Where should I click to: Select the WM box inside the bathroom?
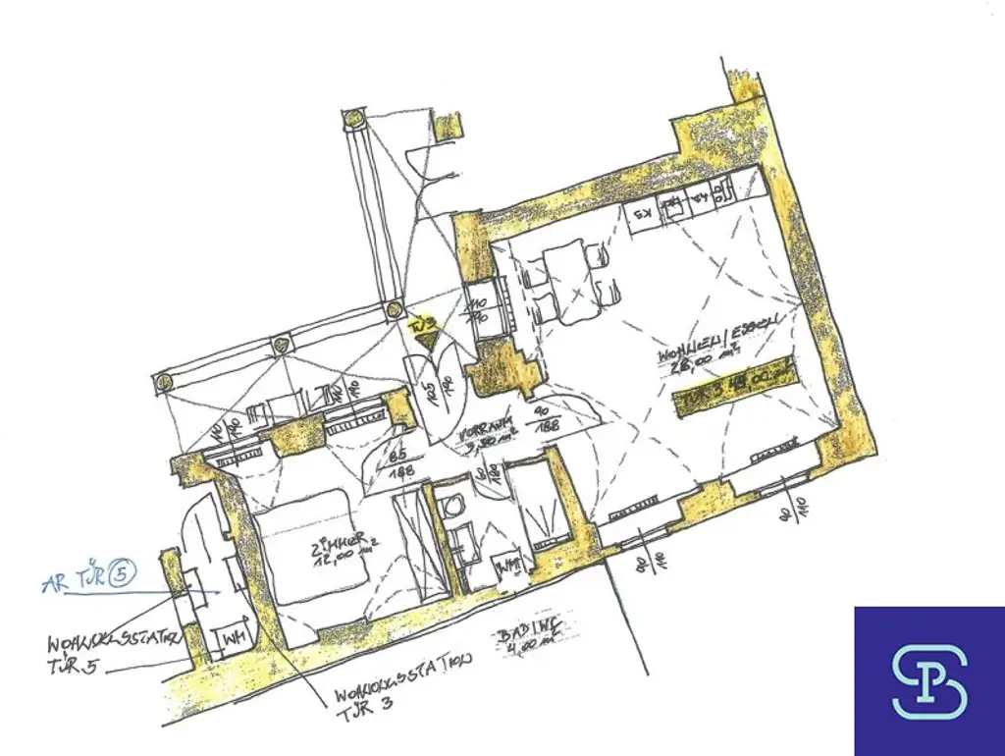(x=507, y=567)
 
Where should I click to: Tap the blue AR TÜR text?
(x=73, y=581)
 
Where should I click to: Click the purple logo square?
(x=928, y=680)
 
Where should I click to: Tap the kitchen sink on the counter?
(x=675, y=206)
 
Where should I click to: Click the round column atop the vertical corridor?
(x=351, y=120)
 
